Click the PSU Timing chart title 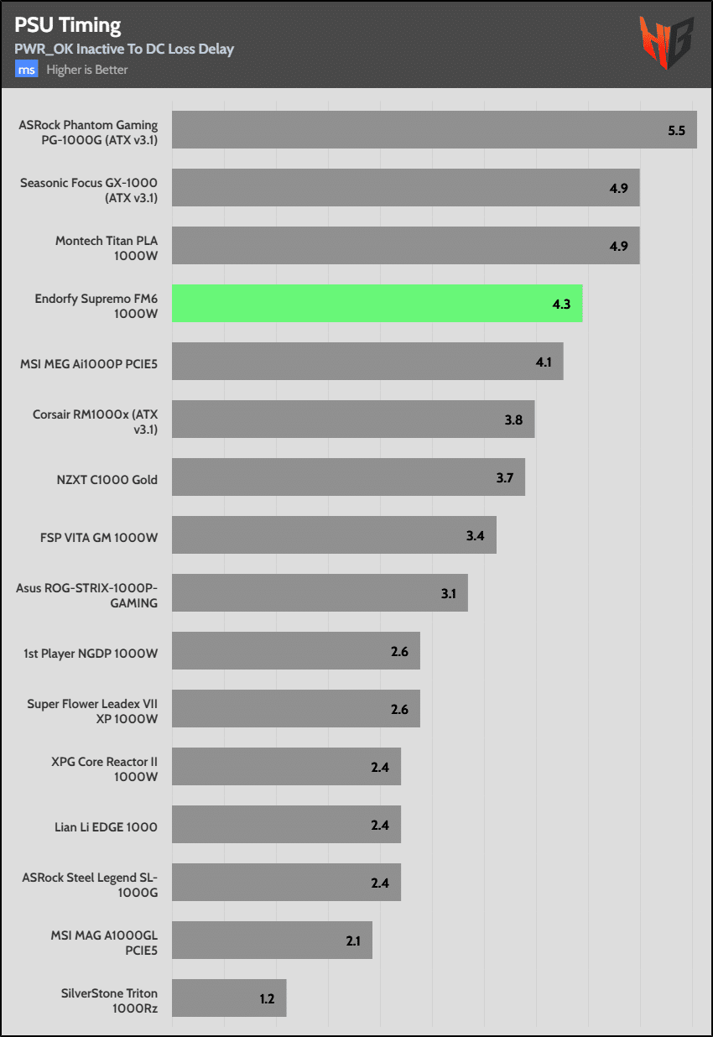click(x=68, y=25)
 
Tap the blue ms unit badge click(x=26, y=69)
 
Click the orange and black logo click(x=666, y=43)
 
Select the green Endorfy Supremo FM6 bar click(x=377, y=303)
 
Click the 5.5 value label click(x=676, y=131)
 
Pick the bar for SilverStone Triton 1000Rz click(x=229, y=998)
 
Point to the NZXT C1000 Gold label click(x=107, y=480)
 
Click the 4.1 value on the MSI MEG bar click(x=544, y=362)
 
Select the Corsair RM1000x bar click(x=353, y=419)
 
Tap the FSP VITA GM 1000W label click(x=99, y=538)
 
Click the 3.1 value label click(x=448, y=593)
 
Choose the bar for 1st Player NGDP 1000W click(x=296, y=650)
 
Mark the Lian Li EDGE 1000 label click(x=106, y=826)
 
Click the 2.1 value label click(x=353, y=941)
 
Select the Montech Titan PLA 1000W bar click(x=406, y=245)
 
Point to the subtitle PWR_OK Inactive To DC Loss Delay click(x=124, y=49)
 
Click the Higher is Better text click(x=87, y=70)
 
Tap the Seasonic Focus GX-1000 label click(x=89, y=190)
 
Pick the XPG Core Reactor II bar click(x=287, y=766)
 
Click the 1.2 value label click(x=267, y=998)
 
